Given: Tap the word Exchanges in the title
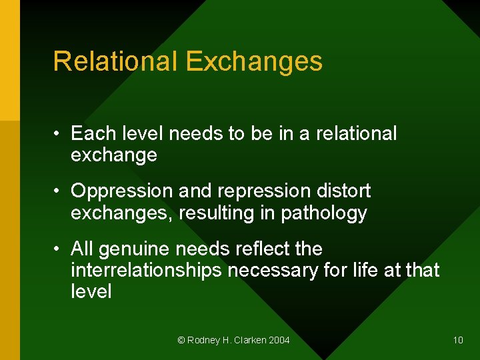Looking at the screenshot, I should tap(254, 61).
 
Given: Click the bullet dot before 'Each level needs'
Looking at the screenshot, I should tap(59, 134).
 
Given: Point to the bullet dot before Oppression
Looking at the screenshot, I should tap(59, 191).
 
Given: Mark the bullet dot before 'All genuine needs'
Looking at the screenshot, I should tap(59, 249).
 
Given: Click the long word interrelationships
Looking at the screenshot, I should tap(147, 270).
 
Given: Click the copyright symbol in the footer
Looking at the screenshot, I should tap(181, 340).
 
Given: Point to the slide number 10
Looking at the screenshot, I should tap(457, 340).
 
